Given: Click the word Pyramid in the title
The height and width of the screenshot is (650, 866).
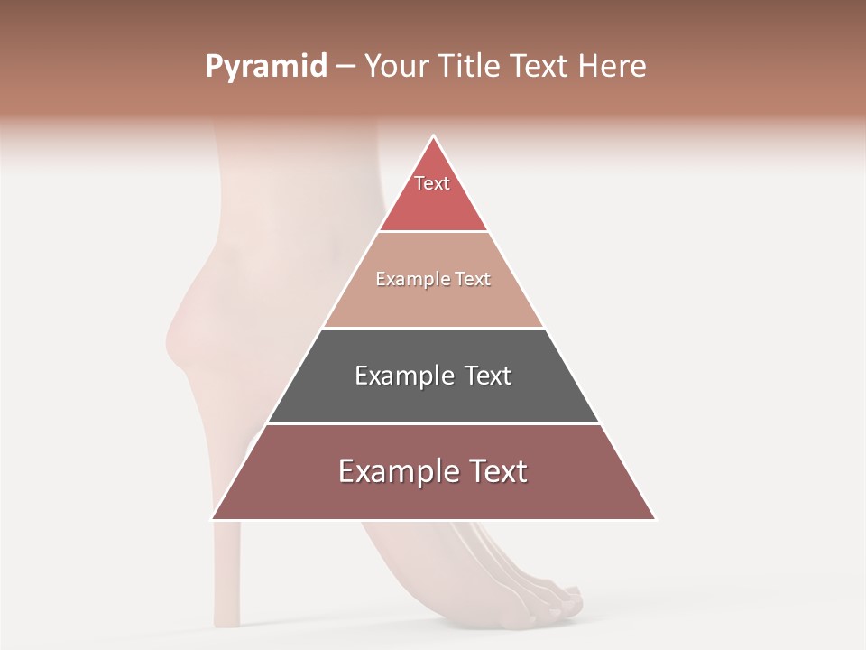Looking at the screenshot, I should (265, 67).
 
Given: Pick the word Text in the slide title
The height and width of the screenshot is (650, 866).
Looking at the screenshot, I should (541, 67).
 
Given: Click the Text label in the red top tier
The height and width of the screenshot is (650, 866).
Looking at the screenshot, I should (432, 183).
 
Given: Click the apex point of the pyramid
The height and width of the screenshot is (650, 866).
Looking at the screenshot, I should (434, 136).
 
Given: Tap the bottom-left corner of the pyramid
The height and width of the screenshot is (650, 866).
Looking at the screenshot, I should (213, 519).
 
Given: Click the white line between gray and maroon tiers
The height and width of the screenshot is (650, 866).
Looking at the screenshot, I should (433, 423).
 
